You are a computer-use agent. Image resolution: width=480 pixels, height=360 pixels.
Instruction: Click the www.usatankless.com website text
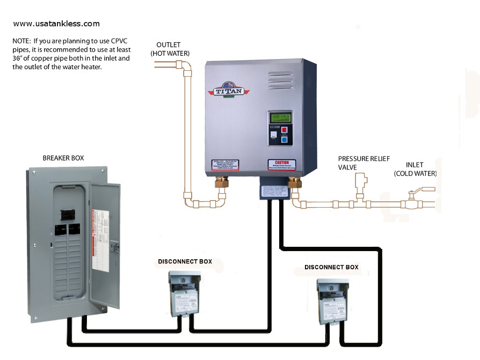click(x=56, y=24)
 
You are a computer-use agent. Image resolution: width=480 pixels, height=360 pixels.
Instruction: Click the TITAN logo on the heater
click(x=229, y=90)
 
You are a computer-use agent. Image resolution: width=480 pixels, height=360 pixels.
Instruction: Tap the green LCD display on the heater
click(x=280, y=117)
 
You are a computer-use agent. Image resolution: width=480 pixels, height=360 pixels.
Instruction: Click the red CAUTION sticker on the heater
click(x=282, y=165)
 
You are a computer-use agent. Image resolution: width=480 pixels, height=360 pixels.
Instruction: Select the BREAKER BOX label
click(x=63, y=158)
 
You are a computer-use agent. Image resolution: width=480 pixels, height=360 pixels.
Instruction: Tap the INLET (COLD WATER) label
click(x=415, y=169)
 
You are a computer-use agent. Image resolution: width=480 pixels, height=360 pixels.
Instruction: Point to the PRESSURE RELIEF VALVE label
click(x=363, y=163)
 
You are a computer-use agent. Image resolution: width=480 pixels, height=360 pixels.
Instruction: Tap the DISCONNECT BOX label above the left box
click(x=185, y=262)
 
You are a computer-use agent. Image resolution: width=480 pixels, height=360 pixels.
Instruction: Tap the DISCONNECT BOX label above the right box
click(x=331, y=267)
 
